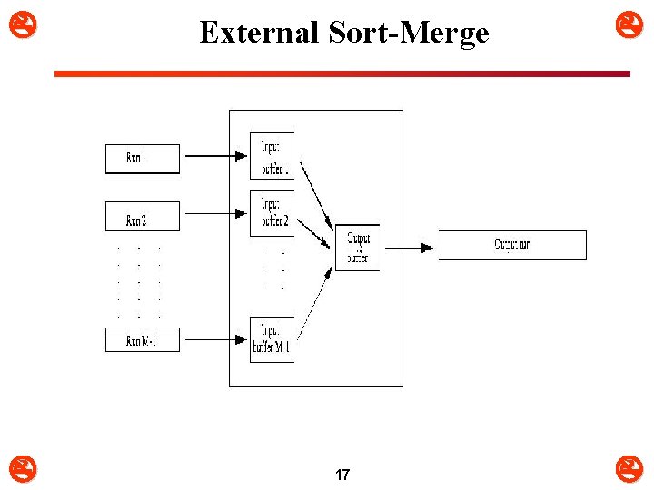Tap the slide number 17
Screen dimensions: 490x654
tap(342, 475)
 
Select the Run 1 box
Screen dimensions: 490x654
tap(143, 159)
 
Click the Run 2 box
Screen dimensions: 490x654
tap(143, 216)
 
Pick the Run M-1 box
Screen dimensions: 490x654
tap(143, 340)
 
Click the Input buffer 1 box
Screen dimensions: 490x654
tap(272, 156)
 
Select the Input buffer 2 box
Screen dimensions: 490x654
tap(272, 213)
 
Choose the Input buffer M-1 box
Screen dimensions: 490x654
tap(272, 339)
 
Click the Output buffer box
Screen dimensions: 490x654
tap(357, 247)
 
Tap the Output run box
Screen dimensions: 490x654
tap(512, 245)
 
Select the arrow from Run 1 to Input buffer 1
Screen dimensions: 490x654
tap(214, 156)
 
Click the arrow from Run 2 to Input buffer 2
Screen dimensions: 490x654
tap(214, 214)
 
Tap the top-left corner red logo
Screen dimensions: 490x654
tap(16, 20)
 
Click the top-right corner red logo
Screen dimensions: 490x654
tap(629, 20)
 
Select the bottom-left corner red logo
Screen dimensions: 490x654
tap(16, 468)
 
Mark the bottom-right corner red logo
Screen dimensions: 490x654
tap(629, 468)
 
